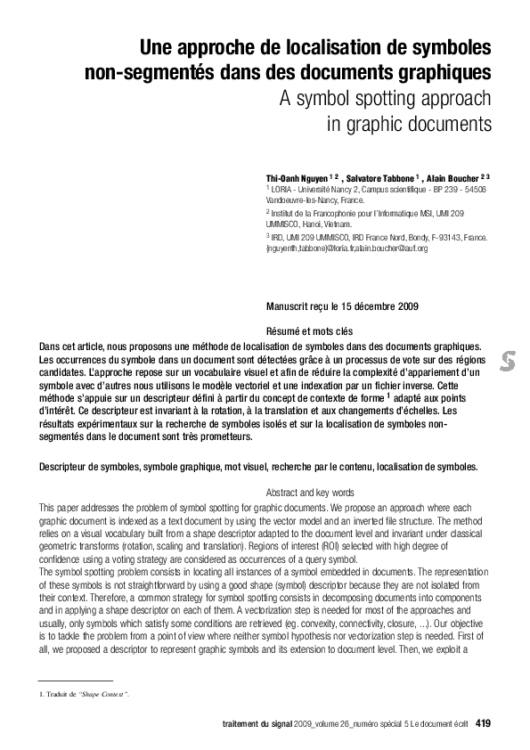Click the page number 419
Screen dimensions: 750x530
[484, 722]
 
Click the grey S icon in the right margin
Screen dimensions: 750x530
[509, 361]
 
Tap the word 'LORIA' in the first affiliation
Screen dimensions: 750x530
[282, 189]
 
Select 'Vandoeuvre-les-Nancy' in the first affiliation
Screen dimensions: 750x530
[298, 200]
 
